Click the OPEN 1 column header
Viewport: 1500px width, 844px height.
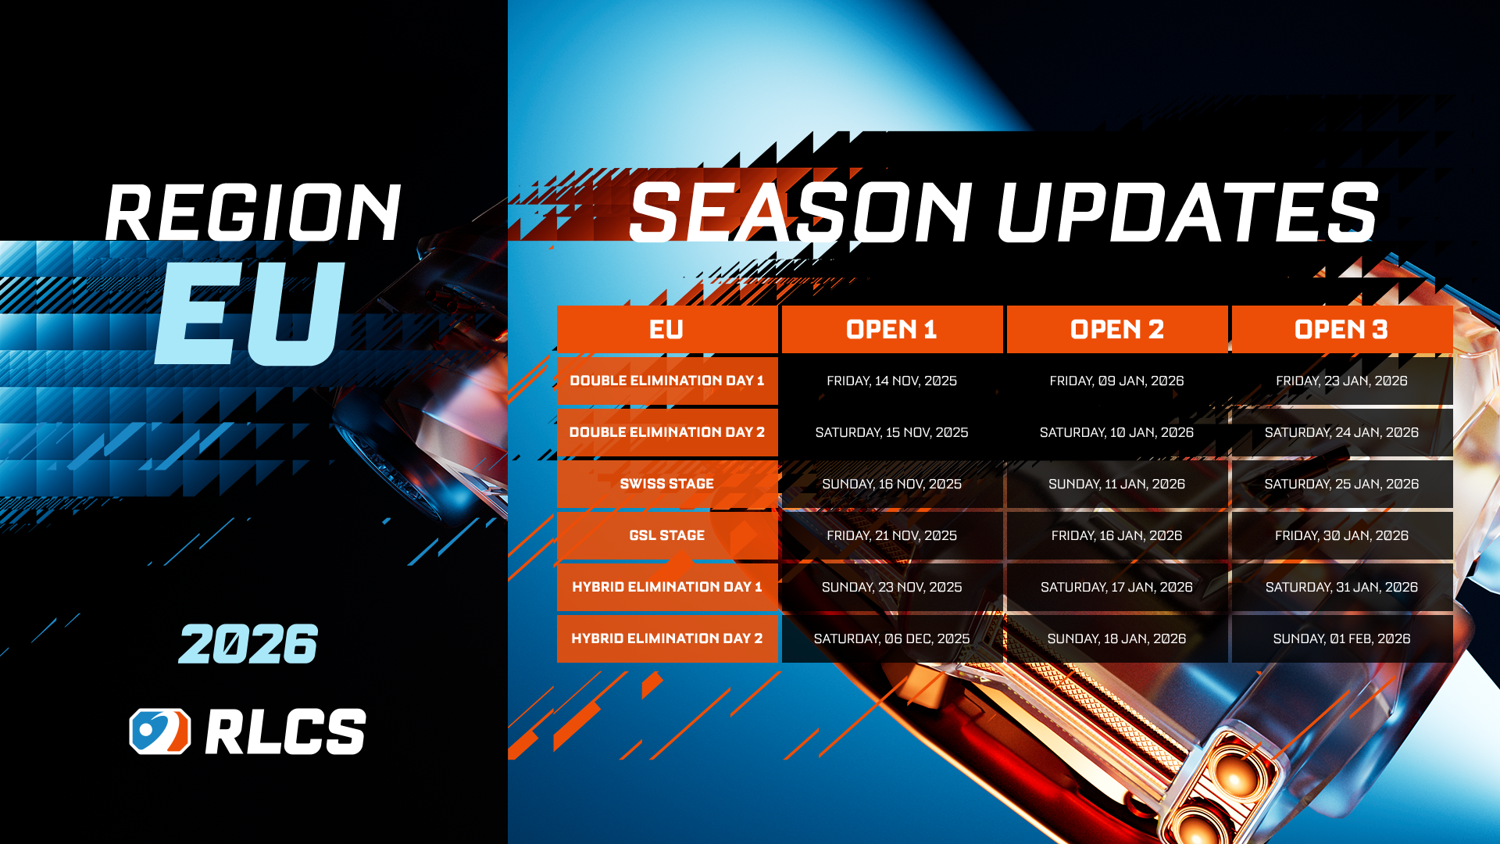(892, 330)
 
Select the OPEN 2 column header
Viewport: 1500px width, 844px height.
(1117, 330)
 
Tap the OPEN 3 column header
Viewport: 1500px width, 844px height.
(1342, 330)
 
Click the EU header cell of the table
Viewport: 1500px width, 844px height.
(667, 330)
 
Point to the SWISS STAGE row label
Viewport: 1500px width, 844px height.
(667, 484)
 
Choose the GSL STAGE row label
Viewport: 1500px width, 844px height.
(667, 535)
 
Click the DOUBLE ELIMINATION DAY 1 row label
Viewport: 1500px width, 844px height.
(667, 381)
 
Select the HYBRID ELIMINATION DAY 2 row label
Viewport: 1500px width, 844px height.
(667, 638)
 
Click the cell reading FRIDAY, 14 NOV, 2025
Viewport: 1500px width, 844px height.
(892, 381)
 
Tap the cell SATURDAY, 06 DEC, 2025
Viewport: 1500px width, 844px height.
(892, 638)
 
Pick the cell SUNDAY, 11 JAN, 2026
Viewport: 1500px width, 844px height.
(1117, 484)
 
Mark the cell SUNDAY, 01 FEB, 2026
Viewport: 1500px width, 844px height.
(1342, 638)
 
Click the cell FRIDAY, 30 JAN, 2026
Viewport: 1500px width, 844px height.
(1342, 535)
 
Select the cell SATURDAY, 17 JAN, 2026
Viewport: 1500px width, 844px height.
(1117, 587)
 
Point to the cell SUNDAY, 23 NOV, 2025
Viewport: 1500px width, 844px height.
(892, 587)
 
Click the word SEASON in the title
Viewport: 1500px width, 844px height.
(801, 212)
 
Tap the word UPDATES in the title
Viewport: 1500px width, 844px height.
(1187, 212)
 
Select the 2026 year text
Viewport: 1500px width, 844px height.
(248, 644)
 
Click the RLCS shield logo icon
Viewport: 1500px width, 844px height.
(160, 731)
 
